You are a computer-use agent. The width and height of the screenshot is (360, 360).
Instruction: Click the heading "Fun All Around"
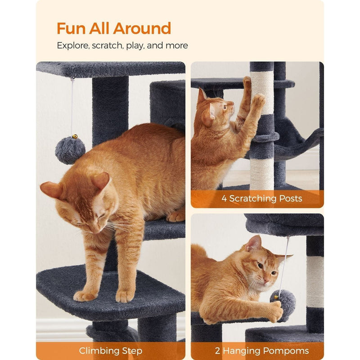point(113,28)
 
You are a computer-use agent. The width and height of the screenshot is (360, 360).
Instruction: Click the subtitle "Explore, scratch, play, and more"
point(122,45)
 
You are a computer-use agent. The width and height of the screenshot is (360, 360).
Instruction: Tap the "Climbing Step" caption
point(111,351)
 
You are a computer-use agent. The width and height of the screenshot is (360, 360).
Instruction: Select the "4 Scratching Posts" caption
point(261,198)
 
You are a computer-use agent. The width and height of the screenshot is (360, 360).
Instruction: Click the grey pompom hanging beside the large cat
point(70,150)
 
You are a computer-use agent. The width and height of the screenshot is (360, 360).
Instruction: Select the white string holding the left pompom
point(72,106)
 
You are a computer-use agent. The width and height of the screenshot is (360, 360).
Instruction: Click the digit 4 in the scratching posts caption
point(224,198)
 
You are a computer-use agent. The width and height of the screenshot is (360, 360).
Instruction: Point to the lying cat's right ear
point(253,243)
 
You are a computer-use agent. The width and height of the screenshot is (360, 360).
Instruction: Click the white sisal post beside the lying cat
point(315,281)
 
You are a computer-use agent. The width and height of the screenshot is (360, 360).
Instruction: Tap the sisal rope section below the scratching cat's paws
point(262,173)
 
